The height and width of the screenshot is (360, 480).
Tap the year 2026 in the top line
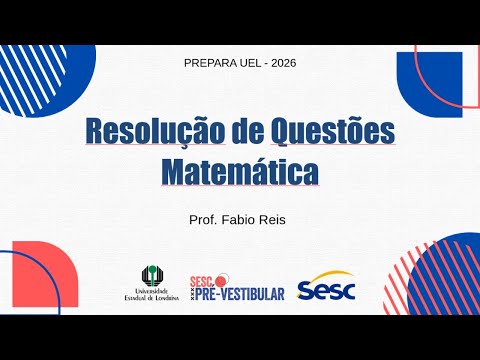[x=280, y=63]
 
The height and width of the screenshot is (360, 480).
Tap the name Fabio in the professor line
[x=244, y=218]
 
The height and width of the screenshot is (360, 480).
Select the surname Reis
[x=278, y=218]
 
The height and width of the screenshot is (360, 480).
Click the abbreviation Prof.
[x=204, y=218]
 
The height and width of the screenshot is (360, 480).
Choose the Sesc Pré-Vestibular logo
[x=237, y=287]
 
